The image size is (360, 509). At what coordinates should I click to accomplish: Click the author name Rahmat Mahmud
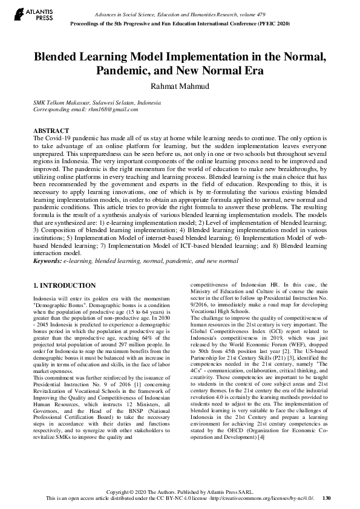180,86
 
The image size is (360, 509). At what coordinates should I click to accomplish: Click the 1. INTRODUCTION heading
64,285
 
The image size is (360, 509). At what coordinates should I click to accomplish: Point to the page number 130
326,499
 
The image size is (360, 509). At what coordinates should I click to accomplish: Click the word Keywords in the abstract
47,261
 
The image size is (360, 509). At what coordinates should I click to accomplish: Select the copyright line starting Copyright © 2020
180,492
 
